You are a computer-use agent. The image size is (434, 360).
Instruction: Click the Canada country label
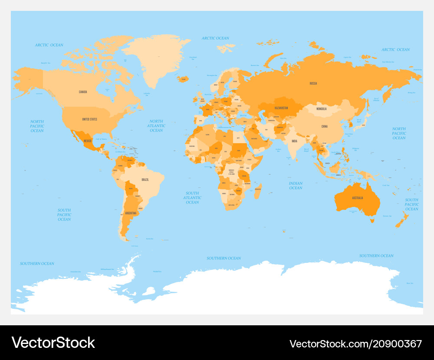[x=83, y=92]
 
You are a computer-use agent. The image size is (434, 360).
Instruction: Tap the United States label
[x=90, y=119]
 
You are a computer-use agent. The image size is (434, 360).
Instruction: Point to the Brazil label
[x=145, y=179]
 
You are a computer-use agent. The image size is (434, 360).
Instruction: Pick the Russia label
[x=313, y=83]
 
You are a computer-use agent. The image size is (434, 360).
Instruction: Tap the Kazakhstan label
[x=281, y=107]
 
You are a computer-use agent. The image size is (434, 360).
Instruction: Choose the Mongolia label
[x=321, y=108]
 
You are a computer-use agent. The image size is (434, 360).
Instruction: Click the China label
[x=324, y=126]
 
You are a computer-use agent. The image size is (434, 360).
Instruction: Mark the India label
[x=294, y=141]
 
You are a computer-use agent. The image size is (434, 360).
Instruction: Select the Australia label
[x=358, y=198]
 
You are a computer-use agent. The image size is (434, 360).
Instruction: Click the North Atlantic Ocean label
[x=156, y=126]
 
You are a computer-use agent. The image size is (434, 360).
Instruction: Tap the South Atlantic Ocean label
[x=192, y=198]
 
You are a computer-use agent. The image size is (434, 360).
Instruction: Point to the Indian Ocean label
[x=296, y=186]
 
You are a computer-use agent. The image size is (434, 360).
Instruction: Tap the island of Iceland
[x=183, y=79]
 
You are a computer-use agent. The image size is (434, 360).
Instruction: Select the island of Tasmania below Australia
[x=372, y=220]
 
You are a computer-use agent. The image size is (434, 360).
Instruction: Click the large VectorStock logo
[x=53, y=343]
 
